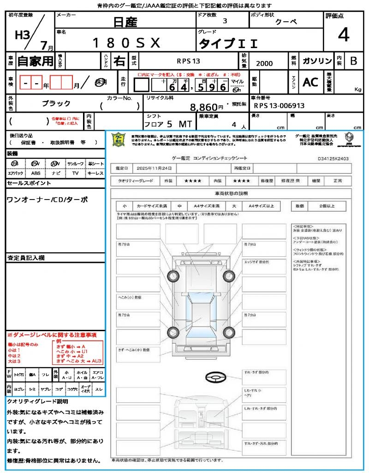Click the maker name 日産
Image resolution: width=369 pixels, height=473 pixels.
tap(125, 21)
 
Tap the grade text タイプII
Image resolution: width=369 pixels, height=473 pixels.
tap(228, 44)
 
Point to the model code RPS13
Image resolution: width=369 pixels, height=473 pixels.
tap(188, 61)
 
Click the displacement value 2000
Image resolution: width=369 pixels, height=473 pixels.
tap(264, 63)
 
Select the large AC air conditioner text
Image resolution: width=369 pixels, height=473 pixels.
tap(310, 82)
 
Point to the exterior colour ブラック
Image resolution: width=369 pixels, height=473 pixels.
tap(56, 103)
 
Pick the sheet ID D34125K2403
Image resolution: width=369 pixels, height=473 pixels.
tap(333, 158)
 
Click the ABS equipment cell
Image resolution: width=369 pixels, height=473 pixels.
tap(36, 173)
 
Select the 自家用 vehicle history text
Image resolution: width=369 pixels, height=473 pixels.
tap(36, 61)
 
